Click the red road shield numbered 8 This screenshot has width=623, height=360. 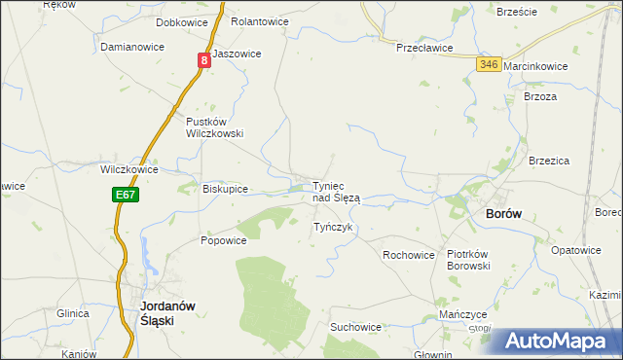(204, 60)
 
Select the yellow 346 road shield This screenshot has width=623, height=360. (489, 64)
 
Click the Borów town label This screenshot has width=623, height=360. (504, 214)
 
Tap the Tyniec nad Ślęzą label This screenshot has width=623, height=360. (336, 192)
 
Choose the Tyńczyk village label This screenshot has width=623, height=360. (332, 227)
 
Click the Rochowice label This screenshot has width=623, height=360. (408, 255)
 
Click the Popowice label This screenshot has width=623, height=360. (224, 240)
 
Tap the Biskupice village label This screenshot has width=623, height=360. (225, 189)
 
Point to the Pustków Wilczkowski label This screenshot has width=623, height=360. (214, 127)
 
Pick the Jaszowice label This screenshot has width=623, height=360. (237, 54)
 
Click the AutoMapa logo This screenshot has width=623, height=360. (554, 342)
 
